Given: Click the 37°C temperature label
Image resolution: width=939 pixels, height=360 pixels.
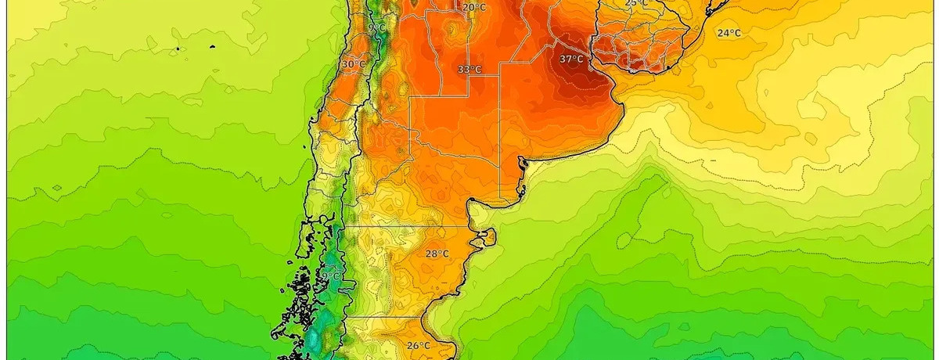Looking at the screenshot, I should (571, 59).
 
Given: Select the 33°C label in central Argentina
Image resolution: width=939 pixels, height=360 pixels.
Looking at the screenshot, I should (469, 70).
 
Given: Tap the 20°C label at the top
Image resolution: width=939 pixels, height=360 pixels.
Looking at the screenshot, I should (473, 8).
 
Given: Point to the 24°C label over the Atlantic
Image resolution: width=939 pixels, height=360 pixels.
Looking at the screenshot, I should (729, 33).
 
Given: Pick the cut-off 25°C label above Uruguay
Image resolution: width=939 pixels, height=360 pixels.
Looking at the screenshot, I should (636, 3).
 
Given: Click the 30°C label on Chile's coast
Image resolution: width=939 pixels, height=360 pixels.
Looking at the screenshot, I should (353, 64).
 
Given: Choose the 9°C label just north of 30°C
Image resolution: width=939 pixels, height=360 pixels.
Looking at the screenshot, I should (377, 28).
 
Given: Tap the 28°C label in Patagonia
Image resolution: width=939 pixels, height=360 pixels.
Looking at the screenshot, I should (437, 254).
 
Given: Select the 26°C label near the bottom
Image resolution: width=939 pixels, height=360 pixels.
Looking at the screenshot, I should (418, 345).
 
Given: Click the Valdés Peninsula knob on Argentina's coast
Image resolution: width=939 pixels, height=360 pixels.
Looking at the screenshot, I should (488, 236).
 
